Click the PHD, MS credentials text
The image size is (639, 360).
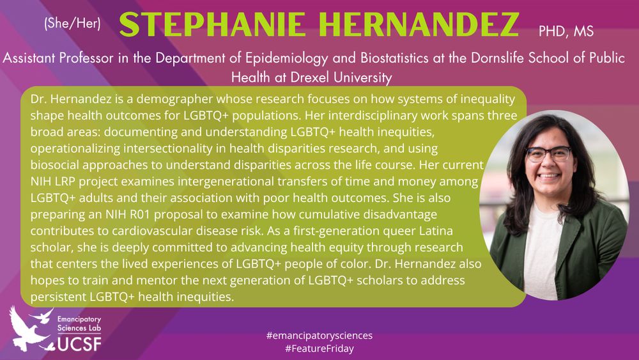pos(566,29)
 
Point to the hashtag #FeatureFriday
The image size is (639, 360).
pos(319,349)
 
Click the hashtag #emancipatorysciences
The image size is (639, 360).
pos(319,335)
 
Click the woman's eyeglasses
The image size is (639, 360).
pos(548,153)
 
